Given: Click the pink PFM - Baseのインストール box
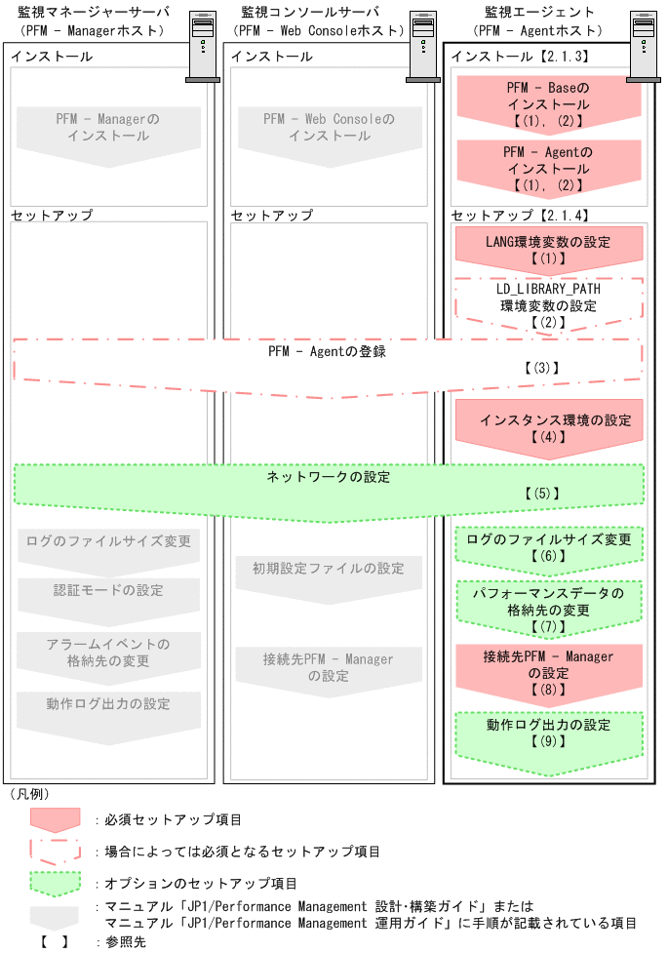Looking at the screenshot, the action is click(547, 104).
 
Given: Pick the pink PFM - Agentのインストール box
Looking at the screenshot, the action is click(547, 168).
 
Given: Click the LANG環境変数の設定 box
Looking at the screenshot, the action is click(547, 250).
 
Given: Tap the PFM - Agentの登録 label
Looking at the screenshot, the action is click(327, 352).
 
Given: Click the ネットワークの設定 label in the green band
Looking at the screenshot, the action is click(328, 478).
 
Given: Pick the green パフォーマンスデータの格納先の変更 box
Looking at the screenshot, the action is click(547, 608).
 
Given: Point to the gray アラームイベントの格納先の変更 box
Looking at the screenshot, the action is click(108, 654).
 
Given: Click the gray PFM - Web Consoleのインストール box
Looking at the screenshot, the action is click(328, 129).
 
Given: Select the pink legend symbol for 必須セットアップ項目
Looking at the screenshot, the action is click(55, 820).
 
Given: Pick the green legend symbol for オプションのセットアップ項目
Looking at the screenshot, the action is click(55, 884).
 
